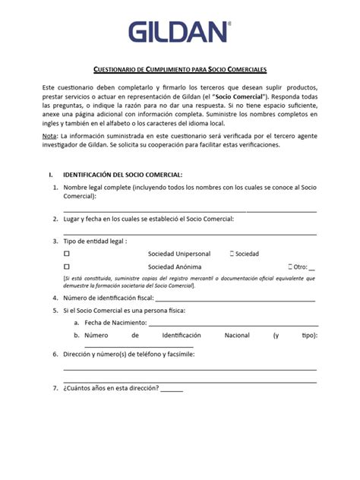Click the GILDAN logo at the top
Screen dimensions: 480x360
pos(179,31)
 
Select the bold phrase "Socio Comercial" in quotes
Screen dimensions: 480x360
pos(259,99)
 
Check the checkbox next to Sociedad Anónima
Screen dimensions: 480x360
pos(67,267)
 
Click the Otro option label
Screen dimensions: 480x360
pos(301,267)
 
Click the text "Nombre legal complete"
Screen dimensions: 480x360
pos(96,187)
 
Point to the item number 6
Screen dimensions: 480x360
pos(55,354)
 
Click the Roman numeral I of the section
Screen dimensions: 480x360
pos(50,174)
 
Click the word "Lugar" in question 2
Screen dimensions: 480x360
pos(73,219)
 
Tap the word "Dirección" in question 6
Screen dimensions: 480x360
pos(80,354)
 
